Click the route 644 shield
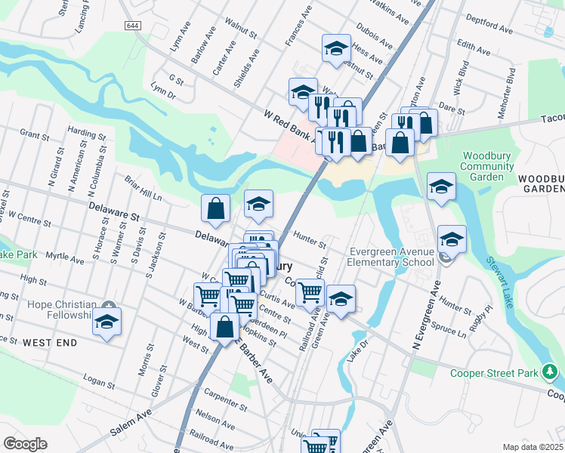(x=133, y=26)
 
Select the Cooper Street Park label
(x=494, y=372)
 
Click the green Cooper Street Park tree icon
(x=551, y=372)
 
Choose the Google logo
(x=25, y=444)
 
